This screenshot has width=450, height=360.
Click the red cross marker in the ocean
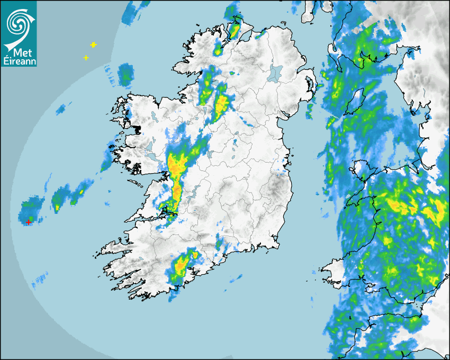[29, 222]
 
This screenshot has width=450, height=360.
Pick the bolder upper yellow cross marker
[94, 45]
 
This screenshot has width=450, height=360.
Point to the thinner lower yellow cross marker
[86, 58]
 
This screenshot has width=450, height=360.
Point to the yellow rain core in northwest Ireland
[221, 101]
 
